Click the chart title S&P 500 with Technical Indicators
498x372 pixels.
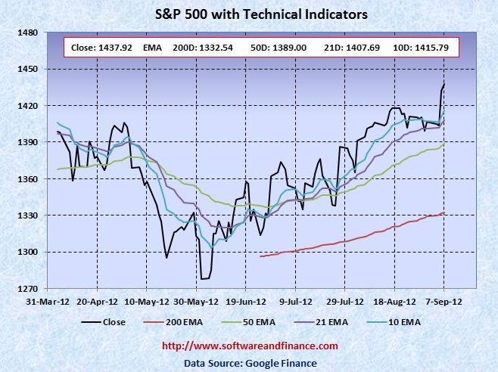pyautogui.click(x=249, y=14)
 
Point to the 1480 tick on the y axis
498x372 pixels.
pyautogui.click(x=27, y=33)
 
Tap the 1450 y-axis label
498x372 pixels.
pyautogui.click(x=27, y=69)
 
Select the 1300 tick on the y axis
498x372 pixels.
pyautogui.click(x=27, y=252)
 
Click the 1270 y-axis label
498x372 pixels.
pyautogui.click(x=27, y=289)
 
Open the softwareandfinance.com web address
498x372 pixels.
pyautogui.click(x=250, y=346)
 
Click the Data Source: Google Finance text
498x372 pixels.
pyautogui.click(x=250, y=361)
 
